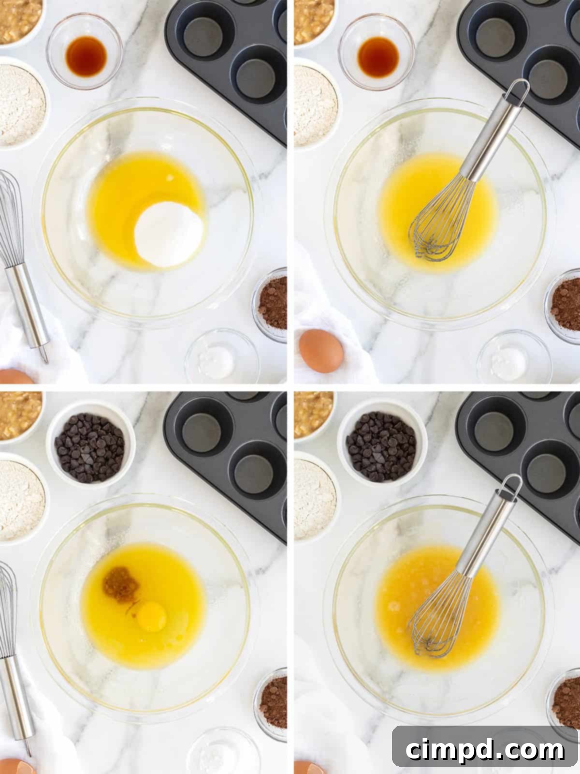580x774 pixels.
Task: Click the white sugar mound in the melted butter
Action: pyautogui.click(x=168, y=234)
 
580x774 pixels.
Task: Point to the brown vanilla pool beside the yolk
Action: pyautogui.click(x=120, y=584)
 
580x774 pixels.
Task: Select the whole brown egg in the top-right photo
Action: pyautogui.click(x=321, y=350)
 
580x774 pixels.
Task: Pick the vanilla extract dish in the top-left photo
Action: pyautogui.click(x=85, y=52)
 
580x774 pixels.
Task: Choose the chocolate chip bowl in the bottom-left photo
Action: pyautogui.click(x=90, y=447)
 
